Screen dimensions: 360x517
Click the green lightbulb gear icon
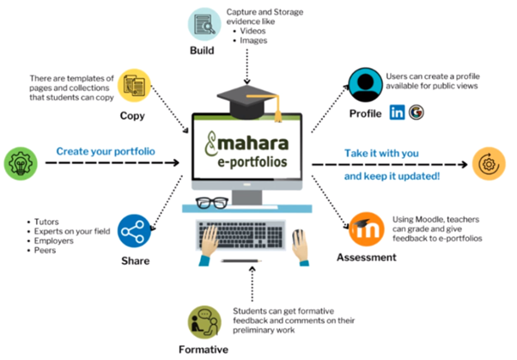[x=21, y=162]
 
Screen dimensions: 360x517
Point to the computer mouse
[x=298, y=235]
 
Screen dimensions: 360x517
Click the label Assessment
[x=366, y=258]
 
